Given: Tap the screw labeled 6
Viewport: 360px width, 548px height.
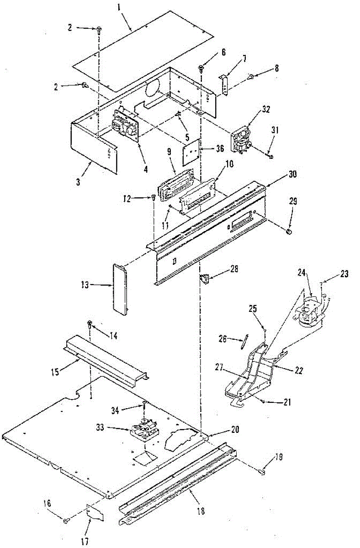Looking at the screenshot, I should (x=201, y=68).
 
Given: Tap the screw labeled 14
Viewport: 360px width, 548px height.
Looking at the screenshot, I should (x=90, y=324).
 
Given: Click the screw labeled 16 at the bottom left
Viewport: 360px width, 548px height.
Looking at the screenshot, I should (x=67, y=520).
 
